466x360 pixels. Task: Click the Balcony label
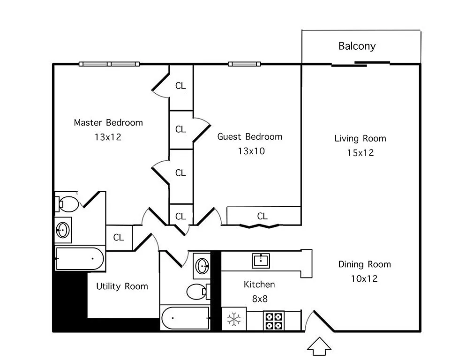pyautogui.click(x=357, y=46)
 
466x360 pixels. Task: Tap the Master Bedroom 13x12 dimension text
pyautogui.click(x=108, y=137)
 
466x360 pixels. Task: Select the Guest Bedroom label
pyautogui.click(x=249, y=137)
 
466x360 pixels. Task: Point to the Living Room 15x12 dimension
pyautogui.click(x=360, y=153)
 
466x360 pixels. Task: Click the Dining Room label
pyautogui.click(x=364, y=264)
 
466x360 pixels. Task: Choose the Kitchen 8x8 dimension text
pyautogui.click(x=259, y=299)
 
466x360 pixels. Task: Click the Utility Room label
pyautogui.click(x=122, y=286)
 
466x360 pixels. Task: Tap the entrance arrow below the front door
pyautogui.click(x=319, y=345)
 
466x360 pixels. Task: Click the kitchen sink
pyautogui.click(x=261, y=260)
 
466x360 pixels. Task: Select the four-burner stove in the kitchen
pyautogui.click(x=274, y=321)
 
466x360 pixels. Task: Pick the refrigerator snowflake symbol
pyautogui.click(x=233, y=320)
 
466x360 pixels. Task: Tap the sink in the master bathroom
pyautogui.click(x=63, y=230)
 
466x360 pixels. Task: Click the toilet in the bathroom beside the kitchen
pyautogui.click(x=197, y=292)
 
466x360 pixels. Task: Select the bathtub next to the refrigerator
pyautogui.click(x=185, y=318)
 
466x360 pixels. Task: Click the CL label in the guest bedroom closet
pyautogui.click(x=262, y=216)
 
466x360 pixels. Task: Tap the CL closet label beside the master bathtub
pyautogui.click(x=119, y=238)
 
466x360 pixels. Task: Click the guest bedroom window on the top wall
pyautogui.click(x=243, y=64)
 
